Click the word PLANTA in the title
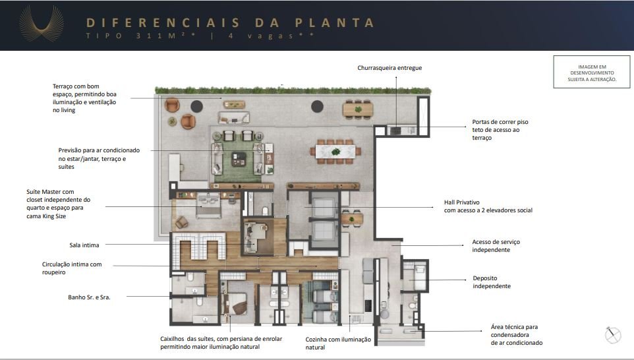[334, 22]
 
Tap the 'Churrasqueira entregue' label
[389, 68]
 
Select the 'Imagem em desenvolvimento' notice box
[592, 72]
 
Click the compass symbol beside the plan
[612, 334]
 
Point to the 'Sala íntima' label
[84, 245]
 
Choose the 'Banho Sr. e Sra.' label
[89, 297]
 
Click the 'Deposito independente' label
[492, 282]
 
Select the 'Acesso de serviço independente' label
[496, 246]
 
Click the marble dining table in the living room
[335, 152]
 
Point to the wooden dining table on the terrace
[358, 109]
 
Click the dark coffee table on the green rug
[239, 159]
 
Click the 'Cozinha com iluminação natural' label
[338, 344]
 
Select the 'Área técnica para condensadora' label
[517, 335]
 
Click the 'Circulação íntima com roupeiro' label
[72, 268]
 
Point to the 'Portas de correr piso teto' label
[500, 130]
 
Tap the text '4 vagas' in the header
[271, 36]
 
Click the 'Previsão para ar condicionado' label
[99, 158]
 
